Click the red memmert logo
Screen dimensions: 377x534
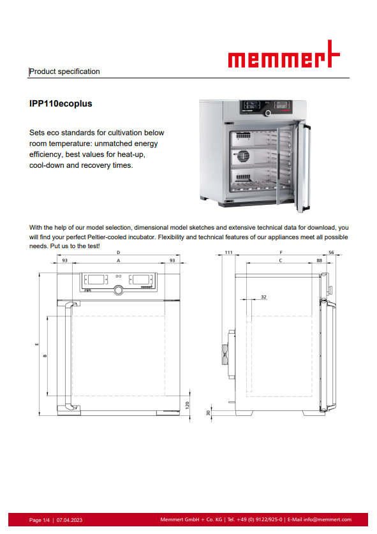pos(284,54)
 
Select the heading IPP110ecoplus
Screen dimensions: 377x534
pos(61,103)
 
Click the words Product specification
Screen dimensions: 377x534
pos(64,71)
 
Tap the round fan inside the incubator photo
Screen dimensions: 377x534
pos(243,156)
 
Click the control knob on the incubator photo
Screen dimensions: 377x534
pos(268,113)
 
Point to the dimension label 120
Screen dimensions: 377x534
pos(187,406)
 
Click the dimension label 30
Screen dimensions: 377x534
pos(208,413)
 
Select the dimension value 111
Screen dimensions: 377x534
pos(228,253)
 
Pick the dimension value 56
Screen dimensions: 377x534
pos(331,253)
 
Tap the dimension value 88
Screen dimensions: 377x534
pos(319,260)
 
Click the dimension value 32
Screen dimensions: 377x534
pos(263,297)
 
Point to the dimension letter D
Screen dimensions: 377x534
pos(119,253)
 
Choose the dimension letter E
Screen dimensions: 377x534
pos(37,344)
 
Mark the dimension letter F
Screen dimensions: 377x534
pos(281,253)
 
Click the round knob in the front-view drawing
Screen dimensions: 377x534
pos(119,290)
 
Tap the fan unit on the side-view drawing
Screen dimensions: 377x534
pos(229,354)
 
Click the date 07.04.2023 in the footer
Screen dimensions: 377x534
pos(70,520)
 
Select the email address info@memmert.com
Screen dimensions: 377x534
pos(327,519)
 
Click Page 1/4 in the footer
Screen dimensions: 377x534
pos(39,520)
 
